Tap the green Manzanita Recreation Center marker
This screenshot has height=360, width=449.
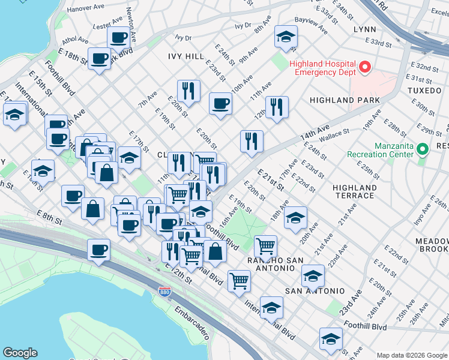pos(422,148)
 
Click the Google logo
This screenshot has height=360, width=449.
pos(20,353)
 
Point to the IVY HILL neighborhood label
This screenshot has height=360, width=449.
pos(186,56)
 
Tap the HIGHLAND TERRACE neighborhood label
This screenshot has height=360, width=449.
pos(355,191)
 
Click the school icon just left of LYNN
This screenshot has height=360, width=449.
pos(286,37)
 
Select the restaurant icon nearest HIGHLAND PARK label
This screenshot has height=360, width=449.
pos(277,107)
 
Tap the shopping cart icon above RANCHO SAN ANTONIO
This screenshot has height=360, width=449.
pos(265,245)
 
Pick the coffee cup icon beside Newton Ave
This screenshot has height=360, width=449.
pos(119,37)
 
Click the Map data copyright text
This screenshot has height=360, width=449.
pos(411,355)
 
